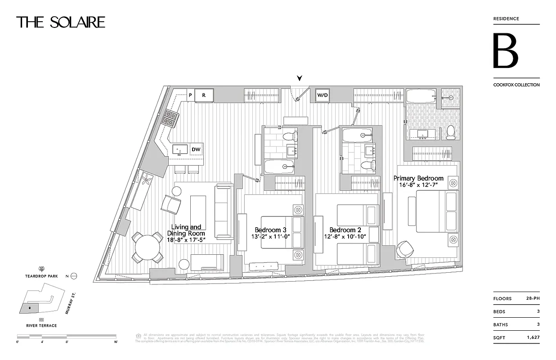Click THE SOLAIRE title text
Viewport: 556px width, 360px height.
(x=61, y=22)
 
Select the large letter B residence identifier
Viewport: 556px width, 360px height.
(x=506, y=51)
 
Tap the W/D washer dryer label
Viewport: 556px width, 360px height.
(x=323, y=95)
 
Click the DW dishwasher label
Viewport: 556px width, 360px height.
(x=196, y=149)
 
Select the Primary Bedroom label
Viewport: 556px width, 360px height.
(x=418, y=178)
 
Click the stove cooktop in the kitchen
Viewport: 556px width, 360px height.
(x=171, y=119)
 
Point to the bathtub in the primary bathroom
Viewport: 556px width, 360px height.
(x=421, y=97)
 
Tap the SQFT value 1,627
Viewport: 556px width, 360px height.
(x=533, y=337)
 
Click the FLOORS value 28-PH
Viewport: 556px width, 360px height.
(x=533, y=298)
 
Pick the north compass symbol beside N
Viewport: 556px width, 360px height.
(x=74, y=276)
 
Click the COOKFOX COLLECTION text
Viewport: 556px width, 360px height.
(x=516, y=85)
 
